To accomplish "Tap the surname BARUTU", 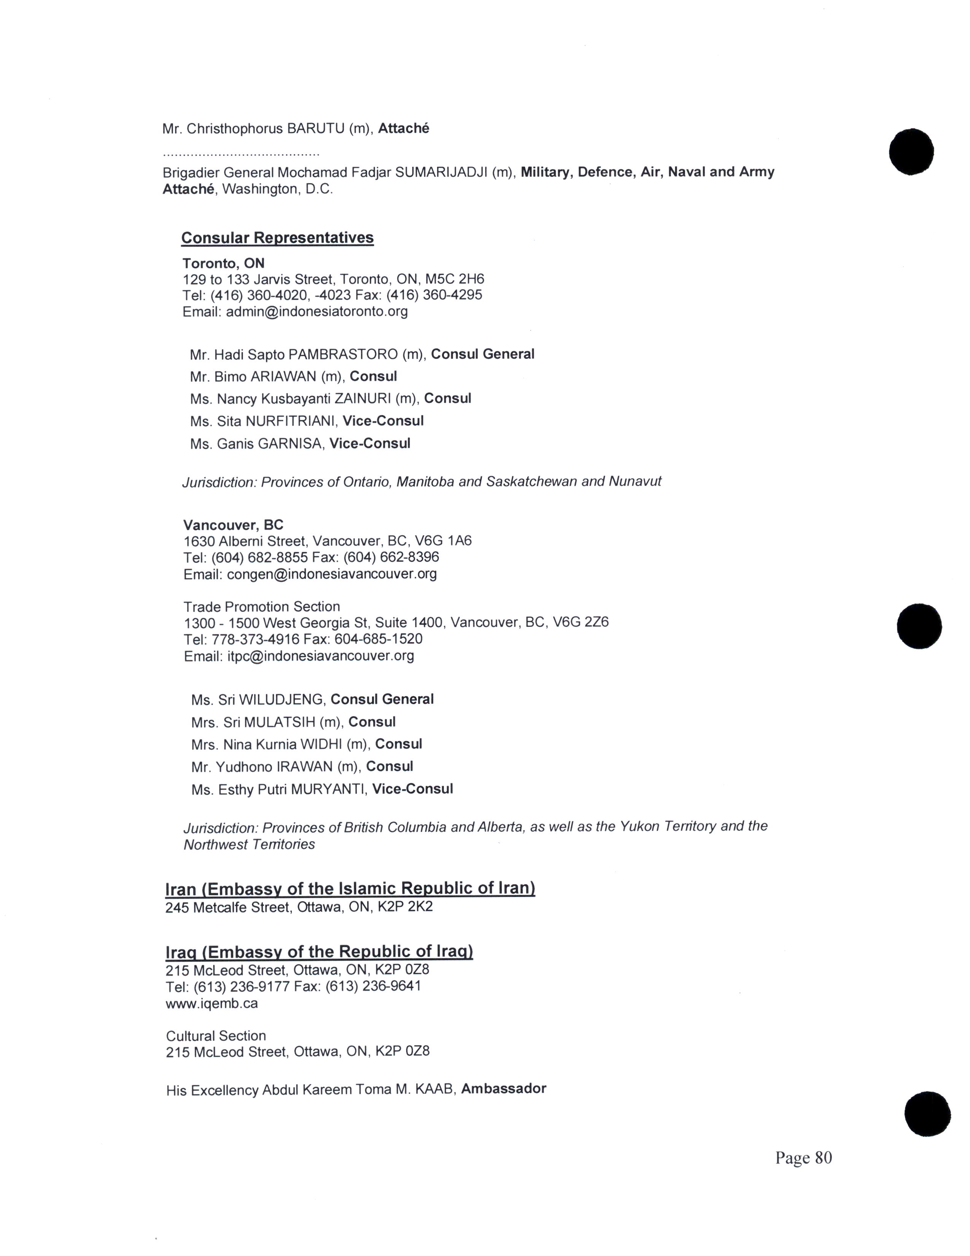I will click(x=315, y=129).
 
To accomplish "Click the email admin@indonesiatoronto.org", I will click(x=316, y=312).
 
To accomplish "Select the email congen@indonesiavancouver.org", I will click(x=332, y=574).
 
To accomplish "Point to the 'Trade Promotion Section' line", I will click(x=261, y=606).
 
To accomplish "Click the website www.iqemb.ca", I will click(x=211, y=1004).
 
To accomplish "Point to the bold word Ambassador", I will click(x=503, y=1089).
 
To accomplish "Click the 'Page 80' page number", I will click(x=803, y=1158).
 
